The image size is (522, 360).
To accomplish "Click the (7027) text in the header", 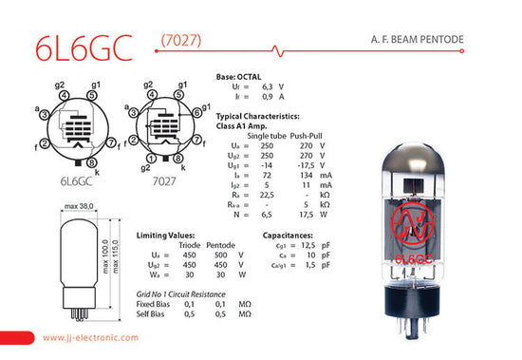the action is [x=179, y=40].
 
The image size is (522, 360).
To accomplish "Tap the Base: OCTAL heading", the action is [x=239, y=75].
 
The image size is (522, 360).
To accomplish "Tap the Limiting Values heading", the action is [x=167, y=234].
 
